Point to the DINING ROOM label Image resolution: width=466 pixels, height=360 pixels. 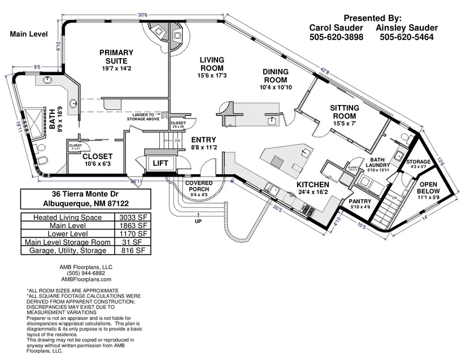[x=275, y=76]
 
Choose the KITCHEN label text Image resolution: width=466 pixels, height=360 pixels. [x=313, y=185]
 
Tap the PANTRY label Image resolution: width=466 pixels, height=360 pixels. [x=359, y=201]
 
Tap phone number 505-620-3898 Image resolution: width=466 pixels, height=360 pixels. [x=336, y=37]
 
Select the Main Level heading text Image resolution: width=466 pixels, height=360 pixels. [x=28, y=34]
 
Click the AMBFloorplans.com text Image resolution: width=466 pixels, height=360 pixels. [x=86, y=279]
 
